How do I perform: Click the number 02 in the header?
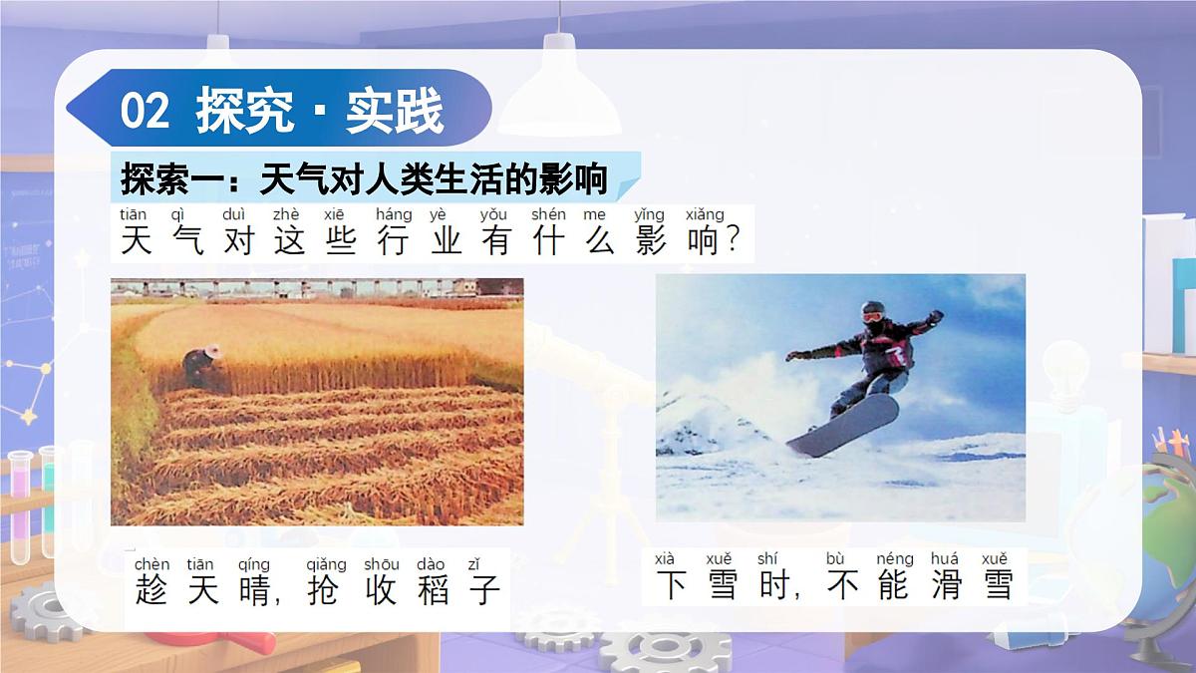coord(146,112)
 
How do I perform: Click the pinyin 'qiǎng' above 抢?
coord(326,564)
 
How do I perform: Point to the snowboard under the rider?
coord(842,426)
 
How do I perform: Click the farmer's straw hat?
coord(210,352)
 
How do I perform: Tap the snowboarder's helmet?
coord(872,311)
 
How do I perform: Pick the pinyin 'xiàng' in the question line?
coord(705,214)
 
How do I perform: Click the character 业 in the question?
coord(446,240)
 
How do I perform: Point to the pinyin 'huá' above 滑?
coord(944,559)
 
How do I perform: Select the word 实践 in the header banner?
coord(394,112)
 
